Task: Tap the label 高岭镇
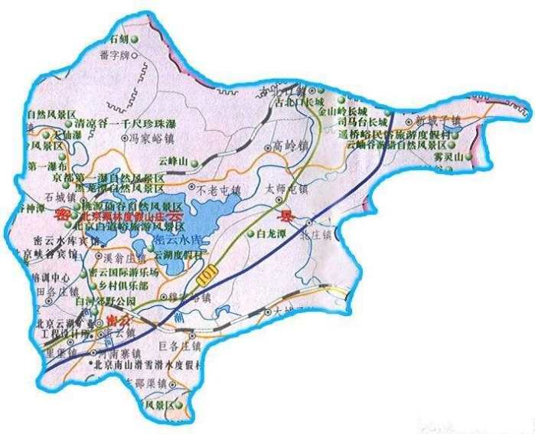click(291, 145)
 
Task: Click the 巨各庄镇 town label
click(178, 346)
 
